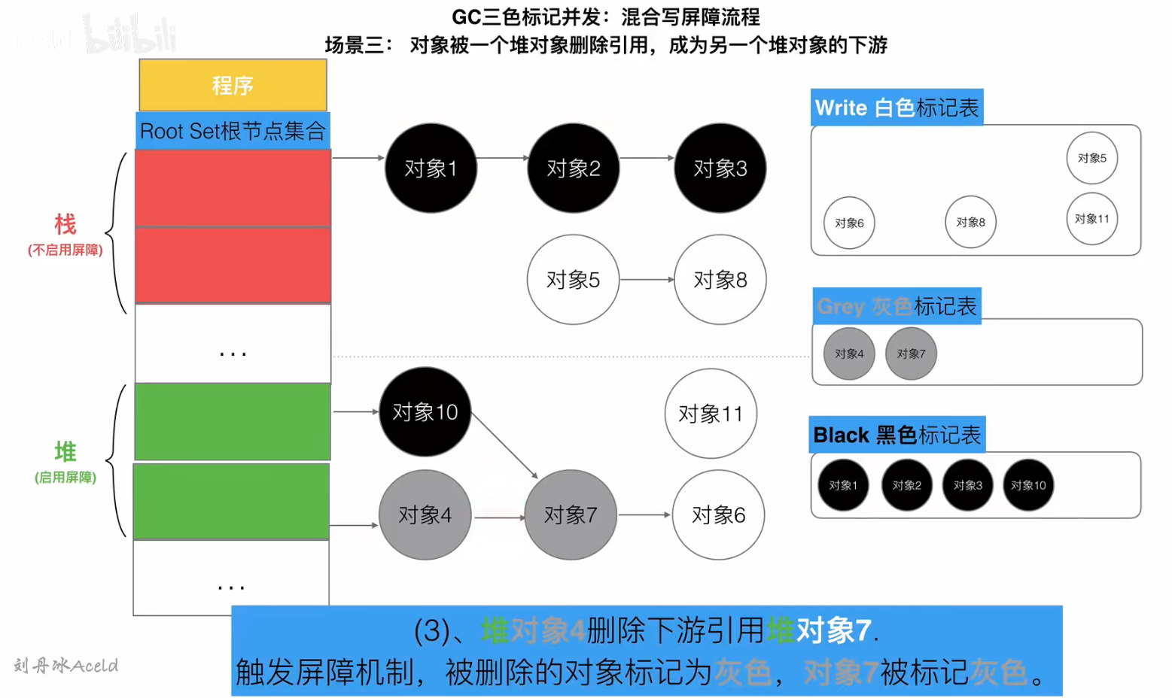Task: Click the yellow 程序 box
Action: [x=233, y=85]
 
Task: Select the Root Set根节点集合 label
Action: [x=233, y=131]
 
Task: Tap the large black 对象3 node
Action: [x=720, y=168]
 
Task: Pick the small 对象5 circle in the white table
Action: [x=1091, y=158]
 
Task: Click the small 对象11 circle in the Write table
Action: [x=1091, y=219]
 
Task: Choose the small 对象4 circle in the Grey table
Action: [x=849, y=354]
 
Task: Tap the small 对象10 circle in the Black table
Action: [x=1028, y=485]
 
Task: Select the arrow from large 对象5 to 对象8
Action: [x=647, y=280]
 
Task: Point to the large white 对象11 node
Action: [x=711, y=413]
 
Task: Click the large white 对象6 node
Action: [x=718, y=515]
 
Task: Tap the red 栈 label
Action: [x=65, y=224]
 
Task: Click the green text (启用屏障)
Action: [x=65, y=478]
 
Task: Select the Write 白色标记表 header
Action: [x=897, y=108]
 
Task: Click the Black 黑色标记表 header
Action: [x=897, y=435]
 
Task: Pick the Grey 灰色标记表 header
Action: [x=897, y=306]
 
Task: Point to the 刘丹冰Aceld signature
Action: [x=65, y=666]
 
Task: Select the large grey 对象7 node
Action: [x=571, y=515]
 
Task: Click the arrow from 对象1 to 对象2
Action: [x=503, y=158]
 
